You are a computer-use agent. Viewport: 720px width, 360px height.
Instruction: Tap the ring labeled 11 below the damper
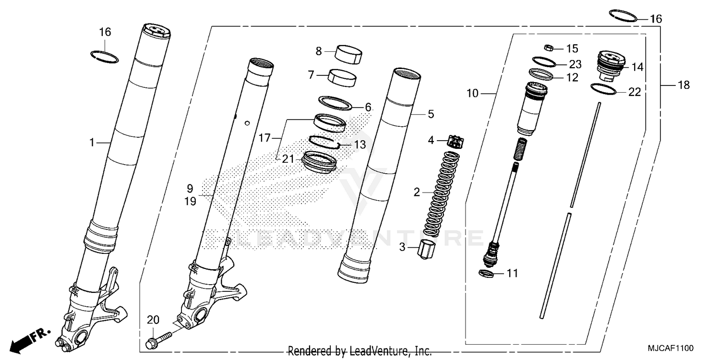coord(486,274)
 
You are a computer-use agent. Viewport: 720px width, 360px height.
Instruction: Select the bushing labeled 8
coord(349,53)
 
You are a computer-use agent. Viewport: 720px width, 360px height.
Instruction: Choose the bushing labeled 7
coord(341,77)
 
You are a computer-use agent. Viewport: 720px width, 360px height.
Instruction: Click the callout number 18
coord(684,85)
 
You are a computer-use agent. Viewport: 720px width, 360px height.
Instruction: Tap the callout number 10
coord(472,93)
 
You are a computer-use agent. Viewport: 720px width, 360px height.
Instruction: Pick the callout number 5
coord(431,114)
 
